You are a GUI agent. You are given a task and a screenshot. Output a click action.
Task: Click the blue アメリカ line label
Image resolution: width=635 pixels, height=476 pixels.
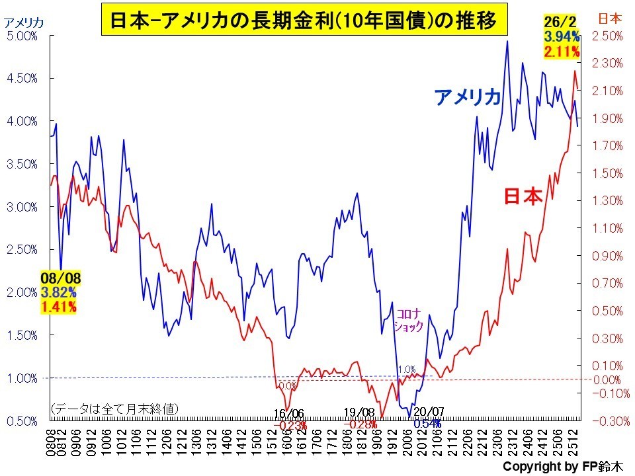(468, 97)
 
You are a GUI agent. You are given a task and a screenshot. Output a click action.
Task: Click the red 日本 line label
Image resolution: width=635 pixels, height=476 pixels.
(523, 197)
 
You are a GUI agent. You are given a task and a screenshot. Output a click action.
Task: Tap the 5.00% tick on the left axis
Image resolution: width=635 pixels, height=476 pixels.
(22, 36)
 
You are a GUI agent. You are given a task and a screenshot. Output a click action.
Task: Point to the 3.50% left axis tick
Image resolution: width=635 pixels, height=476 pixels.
(22, 164)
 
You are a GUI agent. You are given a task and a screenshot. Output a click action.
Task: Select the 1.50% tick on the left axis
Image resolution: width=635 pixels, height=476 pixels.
(22, 335)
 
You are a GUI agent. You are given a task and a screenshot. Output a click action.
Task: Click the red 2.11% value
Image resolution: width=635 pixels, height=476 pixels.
(562, 51)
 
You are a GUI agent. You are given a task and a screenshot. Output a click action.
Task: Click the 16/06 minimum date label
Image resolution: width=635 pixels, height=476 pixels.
(289, 413)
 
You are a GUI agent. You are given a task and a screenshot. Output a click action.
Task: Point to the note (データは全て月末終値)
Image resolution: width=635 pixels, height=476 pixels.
(114, 409)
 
